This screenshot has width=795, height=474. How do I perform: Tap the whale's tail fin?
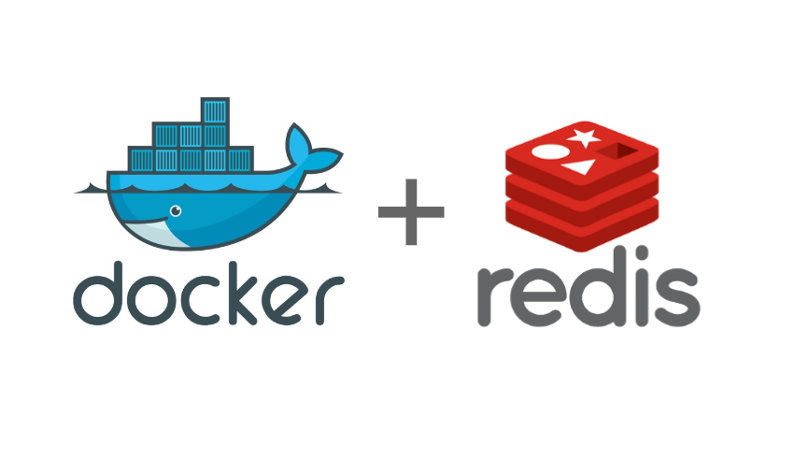[309, 150]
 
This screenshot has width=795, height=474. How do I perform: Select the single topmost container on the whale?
[215, 111]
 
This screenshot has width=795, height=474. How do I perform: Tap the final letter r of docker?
[327, 299]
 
